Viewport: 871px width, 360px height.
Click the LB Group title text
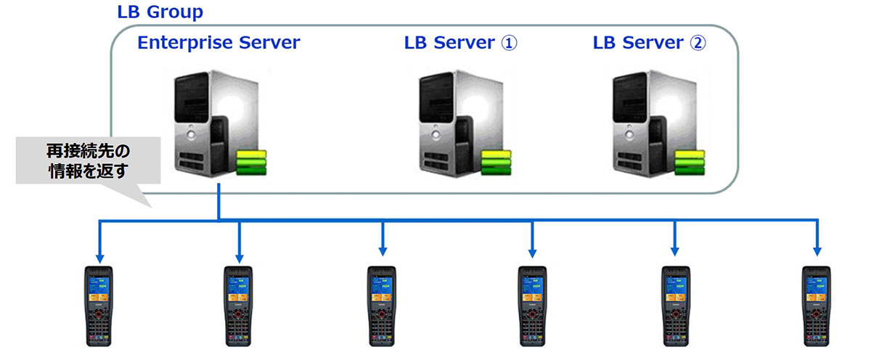point(160,12)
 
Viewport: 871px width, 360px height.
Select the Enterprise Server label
point(218,43)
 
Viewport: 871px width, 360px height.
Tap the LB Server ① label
point(460,43)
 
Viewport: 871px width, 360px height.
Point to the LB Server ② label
point(649,43)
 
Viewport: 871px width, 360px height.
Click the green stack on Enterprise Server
point(251,162)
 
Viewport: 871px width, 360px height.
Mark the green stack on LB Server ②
point(690,162)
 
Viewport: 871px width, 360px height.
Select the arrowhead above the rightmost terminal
point(817,250)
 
